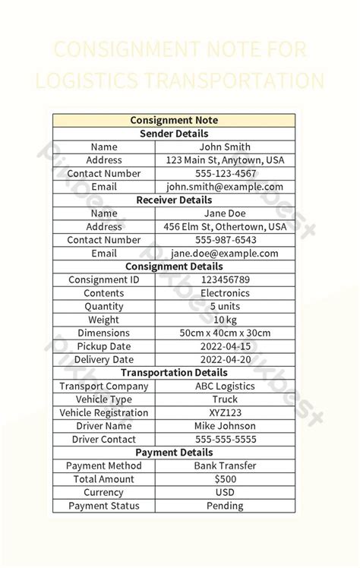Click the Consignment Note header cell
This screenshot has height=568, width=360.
(174, 120)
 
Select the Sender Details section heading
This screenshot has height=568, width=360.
(174, 134)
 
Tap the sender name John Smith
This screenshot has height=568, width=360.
(225, 147)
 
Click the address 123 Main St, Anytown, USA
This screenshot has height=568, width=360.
(225, 160)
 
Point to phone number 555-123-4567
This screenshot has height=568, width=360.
(225, 173)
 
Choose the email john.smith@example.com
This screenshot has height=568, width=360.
(225, 187)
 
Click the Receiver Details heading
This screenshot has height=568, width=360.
(174, 200)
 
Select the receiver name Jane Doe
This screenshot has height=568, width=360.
(225, 213)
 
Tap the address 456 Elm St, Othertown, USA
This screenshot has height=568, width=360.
(225, 226)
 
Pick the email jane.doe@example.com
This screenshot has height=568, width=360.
(225, 254)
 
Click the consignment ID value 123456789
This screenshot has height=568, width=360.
(225, 279)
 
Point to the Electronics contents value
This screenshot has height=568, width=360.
(225, 293)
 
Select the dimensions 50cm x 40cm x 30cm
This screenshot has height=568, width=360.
(225, 333)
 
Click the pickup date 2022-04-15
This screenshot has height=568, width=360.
(225, 346)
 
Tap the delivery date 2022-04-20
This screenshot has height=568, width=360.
(225, 359)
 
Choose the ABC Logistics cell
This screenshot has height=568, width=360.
(225, 386)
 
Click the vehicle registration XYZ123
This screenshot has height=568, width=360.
(225, 412)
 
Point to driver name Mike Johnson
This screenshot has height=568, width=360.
(225, 426)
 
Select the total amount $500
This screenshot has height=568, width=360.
(225, 479)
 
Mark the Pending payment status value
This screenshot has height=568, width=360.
(225, 506)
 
